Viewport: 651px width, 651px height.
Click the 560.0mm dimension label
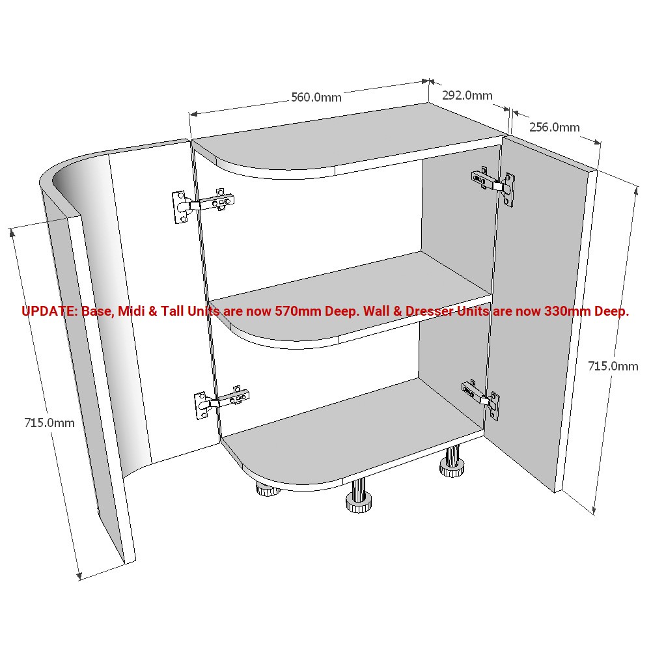316,98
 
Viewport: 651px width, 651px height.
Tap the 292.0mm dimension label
467,95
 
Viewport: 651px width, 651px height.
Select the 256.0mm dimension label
554,127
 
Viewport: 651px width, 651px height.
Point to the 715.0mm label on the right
613,367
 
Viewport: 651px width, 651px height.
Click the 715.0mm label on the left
49,422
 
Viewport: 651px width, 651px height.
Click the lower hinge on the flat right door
481,396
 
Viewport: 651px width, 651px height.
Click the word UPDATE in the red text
49,311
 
